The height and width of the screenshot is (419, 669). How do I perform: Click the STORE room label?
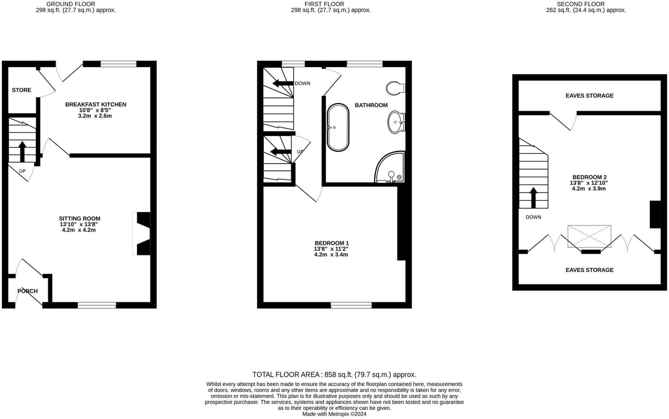coord(22,90)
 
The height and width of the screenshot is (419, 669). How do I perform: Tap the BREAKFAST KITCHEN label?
coord(96,105)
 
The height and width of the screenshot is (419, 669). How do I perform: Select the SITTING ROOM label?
coord(79,219)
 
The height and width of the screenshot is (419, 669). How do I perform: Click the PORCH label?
coord(27,291)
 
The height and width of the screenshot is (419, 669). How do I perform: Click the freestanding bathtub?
coord(338,127)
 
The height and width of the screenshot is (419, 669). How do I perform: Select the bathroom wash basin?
coord(396,122)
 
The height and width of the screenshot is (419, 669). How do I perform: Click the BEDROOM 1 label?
coord(332,243)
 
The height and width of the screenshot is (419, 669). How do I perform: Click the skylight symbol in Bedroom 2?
coord(589,236)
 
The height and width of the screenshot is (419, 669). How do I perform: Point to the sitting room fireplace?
coord(142,233)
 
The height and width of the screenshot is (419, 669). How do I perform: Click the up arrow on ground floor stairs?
coord(22,151)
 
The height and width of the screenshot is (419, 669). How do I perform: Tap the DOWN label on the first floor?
coord(302,84)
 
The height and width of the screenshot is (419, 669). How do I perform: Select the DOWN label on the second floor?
coord(533,217)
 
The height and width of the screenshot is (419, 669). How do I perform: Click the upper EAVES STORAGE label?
coord(589,96)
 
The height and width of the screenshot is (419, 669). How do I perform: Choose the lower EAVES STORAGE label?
coord(589,270)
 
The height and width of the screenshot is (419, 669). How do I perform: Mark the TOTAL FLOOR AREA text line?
coord(334,375)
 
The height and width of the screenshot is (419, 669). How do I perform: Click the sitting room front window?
coord(97,305)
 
